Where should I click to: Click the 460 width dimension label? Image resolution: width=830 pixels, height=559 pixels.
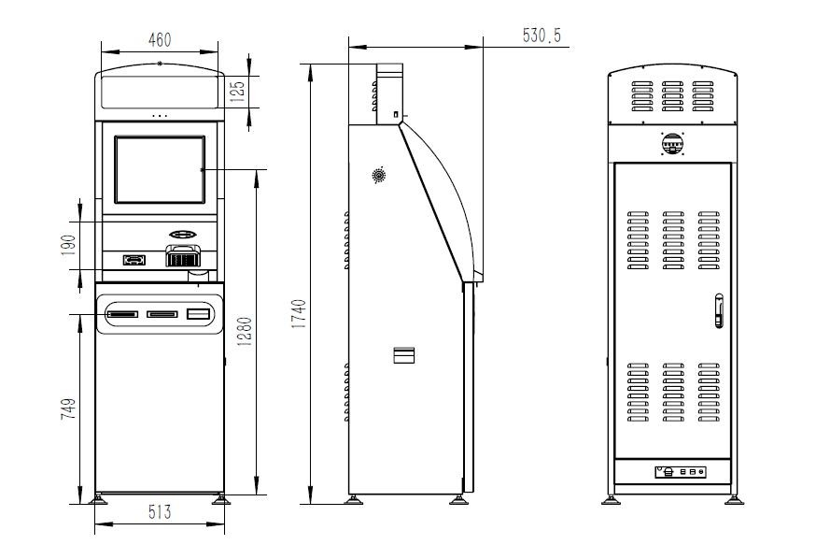(160, 40)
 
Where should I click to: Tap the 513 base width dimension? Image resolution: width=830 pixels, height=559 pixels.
(160, 512)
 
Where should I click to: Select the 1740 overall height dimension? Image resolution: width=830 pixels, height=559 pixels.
(299, 314)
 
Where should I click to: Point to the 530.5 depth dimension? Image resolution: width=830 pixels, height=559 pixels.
(541, 36)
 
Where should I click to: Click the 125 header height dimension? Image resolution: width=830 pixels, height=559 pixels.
(238, 91)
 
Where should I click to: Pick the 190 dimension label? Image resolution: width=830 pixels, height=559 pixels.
(69, 245)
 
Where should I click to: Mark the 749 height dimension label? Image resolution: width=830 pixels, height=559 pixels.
(68, 409)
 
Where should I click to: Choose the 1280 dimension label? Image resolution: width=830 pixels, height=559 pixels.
(244, 332)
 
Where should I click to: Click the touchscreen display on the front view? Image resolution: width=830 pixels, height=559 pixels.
(160, 169)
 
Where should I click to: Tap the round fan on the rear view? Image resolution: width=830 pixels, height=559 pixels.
(672, 144)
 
